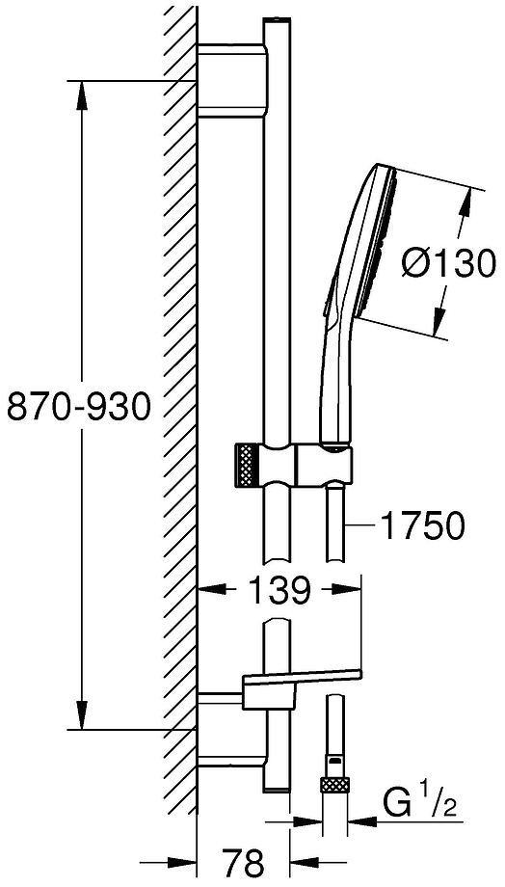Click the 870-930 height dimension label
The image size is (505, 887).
pos(79,407)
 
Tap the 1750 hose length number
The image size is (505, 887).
pos(422,526)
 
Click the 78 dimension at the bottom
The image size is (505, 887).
pos(243,863)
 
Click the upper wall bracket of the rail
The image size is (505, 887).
pos(232,80)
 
